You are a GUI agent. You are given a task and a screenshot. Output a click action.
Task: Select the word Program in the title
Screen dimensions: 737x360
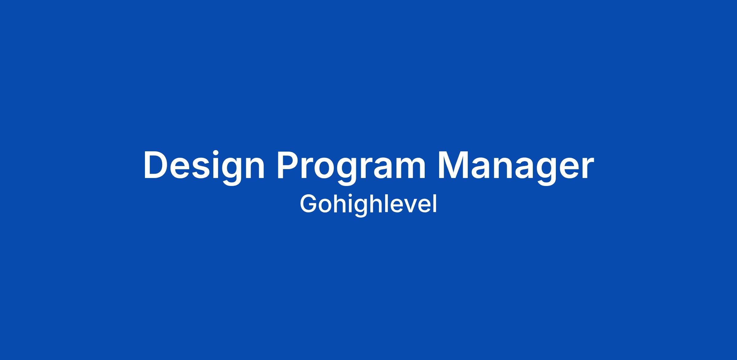point(351,167)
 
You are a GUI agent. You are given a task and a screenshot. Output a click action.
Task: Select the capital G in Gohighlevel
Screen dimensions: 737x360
point(308,203)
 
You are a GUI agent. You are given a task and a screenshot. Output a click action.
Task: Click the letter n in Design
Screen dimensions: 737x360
point(255,168)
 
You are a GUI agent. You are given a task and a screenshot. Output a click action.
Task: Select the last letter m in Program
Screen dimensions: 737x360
point(410,168)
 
